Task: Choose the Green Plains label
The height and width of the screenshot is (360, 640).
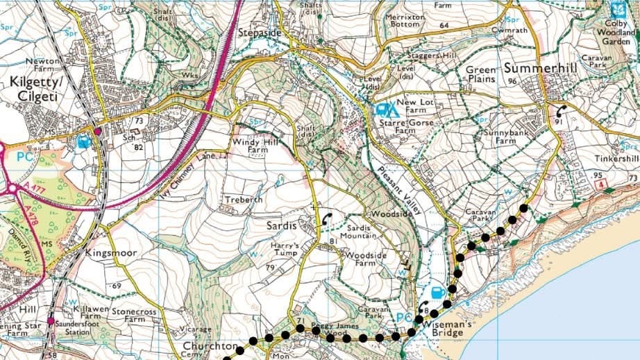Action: pos(480,74)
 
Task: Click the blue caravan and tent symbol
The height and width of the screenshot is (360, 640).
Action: pos(386,109)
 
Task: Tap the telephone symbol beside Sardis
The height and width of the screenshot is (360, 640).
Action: pos(326,219)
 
